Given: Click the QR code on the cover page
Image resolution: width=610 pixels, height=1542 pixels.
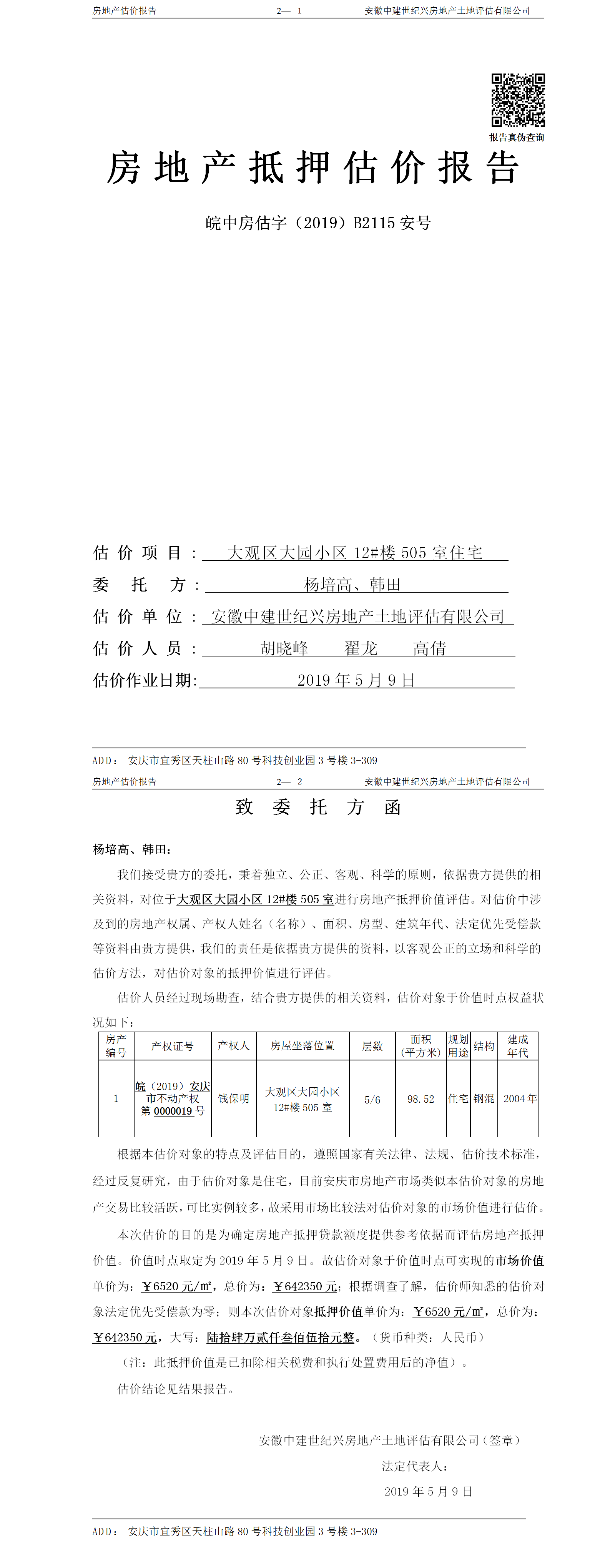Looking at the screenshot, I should tap(518, 100).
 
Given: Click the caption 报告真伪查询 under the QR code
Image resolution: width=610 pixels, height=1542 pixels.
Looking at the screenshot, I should tap(517, 138).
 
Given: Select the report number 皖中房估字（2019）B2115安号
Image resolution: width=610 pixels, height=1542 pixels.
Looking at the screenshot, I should tap(318, 223).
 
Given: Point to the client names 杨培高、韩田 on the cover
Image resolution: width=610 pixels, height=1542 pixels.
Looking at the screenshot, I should tap(352, 584).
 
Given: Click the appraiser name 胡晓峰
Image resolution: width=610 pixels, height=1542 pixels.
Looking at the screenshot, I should tap(284, 648).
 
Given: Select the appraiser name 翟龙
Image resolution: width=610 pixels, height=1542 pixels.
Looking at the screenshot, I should tap(361, 648).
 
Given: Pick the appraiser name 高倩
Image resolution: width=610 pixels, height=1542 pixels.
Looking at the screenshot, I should tap(429, 648).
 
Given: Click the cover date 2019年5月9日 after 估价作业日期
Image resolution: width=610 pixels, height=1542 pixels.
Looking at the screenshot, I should tap(356, 680).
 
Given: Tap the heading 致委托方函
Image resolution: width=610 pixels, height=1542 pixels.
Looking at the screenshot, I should tap(318, 808).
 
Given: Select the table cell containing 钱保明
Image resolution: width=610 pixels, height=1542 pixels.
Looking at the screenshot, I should tap(233, 1098).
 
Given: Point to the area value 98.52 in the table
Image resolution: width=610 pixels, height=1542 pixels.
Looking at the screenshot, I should tap(421, 1099).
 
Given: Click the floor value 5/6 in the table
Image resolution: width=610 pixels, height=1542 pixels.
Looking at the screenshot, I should tap(372, 1100).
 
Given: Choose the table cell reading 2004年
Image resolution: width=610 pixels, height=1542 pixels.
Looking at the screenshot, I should tap(520, 1098).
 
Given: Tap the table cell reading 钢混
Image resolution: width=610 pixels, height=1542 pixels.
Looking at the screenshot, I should tap(484, 1098).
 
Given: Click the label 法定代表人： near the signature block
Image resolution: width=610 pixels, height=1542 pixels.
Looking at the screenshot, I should tap(415, 1466).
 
